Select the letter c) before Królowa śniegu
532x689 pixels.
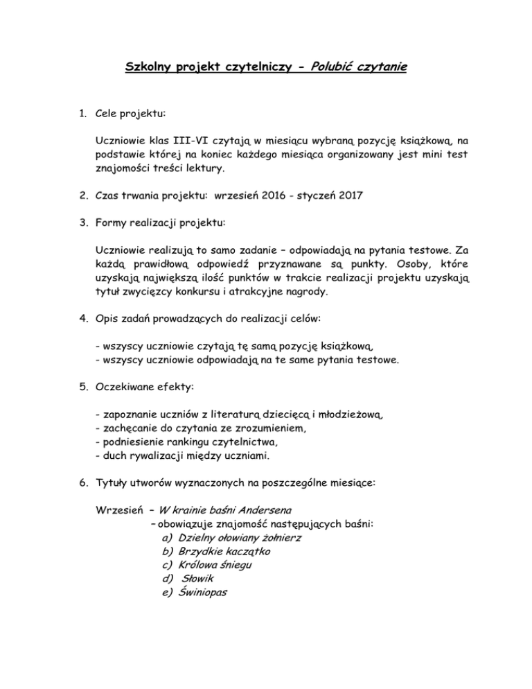pos(166,565)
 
